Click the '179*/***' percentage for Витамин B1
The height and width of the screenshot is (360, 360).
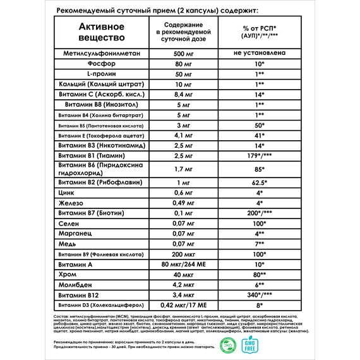click(x=260, y=155)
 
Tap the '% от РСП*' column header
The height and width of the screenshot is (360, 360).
click(x=260, y=30)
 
